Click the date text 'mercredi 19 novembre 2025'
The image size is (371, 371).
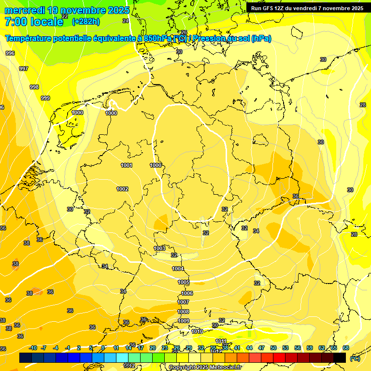coord(67,10)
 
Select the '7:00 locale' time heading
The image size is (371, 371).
coord(34,22)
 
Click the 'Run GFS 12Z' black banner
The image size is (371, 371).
coord(307,8)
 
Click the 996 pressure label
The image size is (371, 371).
coord(10,53)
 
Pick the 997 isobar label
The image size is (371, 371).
coord(23,69)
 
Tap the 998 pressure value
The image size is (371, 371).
coord(34,87)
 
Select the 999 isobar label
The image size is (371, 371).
coord(45,98)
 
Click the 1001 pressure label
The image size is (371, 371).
coord(127,165)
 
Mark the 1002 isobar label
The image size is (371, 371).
coord(122,189)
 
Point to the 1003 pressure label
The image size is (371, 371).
coord(159,248)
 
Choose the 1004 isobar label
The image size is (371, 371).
coord(178,269)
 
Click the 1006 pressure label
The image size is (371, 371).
coord(187,293)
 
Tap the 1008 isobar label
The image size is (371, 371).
coord(183,312)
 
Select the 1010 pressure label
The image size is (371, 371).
coord(197,331)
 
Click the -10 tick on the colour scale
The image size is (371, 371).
coord(33,348)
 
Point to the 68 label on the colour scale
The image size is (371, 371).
coord(345,348)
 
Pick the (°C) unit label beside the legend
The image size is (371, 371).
coord(355,358)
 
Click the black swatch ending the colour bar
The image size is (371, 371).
coord(340,357)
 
